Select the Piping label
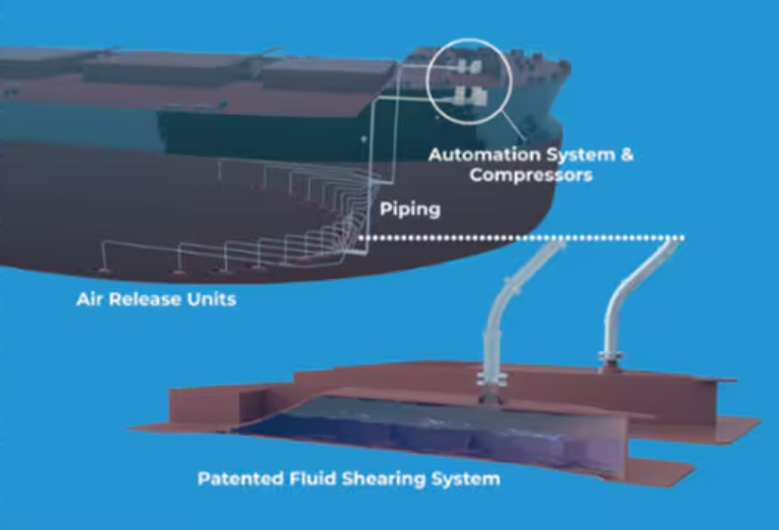tap(410, 209)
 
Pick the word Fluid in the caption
tap(308, 480)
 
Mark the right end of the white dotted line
tap(682, 238)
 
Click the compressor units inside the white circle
tap(466, 82)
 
